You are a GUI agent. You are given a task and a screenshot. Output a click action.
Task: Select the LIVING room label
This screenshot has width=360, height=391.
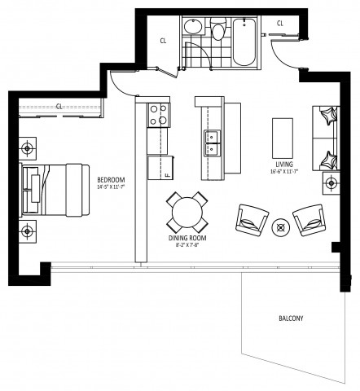coord(283,164)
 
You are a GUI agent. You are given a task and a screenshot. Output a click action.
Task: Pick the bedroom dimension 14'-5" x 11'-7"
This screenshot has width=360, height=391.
coord(112,187)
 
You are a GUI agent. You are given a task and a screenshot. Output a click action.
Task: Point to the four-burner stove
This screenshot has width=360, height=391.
coord(158,115)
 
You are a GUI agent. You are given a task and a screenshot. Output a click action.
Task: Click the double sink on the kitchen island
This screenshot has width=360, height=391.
coord(210,142)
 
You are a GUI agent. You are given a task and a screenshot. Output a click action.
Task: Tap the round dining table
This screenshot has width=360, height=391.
coord(189,213)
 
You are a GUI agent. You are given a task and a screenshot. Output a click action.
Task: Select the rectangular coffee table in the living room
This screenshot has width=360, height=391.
coord(283,137)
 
